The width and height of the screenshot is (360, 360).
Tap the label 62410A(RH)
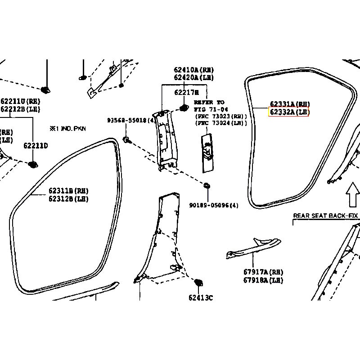point(193,70)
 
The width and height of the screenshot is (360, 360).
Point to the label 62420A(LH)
point(193,78)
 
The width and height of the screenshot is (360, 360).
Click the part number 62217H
point(186,92)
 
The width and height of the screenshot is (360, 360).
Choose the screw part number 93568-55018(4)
point(131,121)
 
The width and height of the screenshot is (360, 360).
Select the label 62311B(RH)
point(69,191)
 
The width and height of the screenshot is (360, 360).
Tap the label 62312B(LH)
point(69,198)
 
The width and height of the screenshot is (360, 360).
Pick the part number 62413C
point(201,297)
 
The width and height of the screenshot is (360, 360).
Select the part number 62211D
point(36,145)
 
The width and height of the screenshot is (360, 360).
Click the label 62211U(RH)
point(20,101)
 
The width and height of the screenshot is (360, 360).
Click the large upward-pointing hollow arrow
point(352,193)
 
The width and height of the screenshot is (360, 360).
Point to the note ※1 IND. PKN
point(67,128)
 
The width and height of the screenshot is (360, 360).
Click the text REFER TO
point(209,103)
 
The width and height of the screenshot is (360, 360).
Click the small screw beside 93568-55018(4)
point(126,139)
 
